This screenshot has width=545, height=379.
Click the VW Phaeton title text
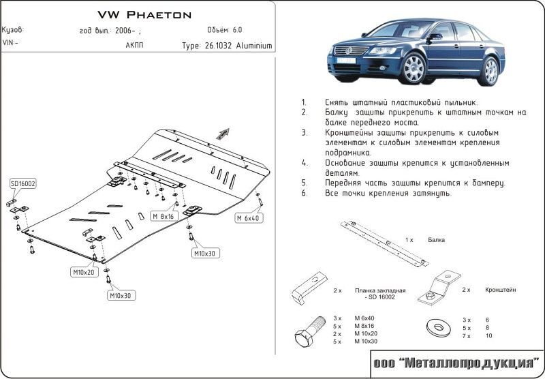pyautogui.click(x=145, y=14)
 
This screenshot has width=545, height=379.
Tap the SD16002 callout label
pyautogui.click(x=23, y=184)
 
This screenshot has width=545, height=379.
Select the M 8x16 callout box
pyautogui.click(x=163, y=216)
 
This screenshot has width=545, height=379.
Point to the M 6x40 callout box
pyautogui.click(x=249, y=218)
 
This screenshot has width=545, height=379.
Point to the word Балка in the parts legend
pyautogui.click(x=437, y=241)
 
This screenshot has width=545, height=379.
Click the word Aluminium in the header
pyautogui.click(x=255, y=46)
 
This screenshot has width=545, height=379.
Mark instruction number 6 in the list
pyautogui.click(x=304, y=194)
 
